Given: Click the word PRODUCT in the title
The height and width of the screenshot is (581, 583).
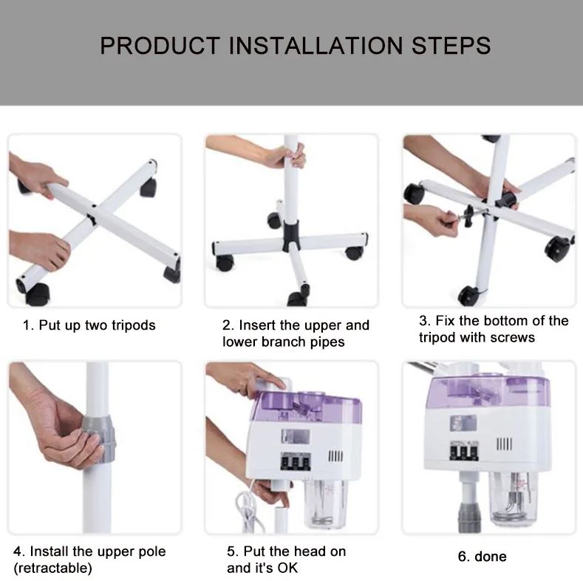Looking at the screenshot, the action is tap(160, 46).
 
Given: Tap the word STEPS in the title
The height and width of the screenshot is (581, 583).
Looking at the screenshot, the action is tap(451, 46).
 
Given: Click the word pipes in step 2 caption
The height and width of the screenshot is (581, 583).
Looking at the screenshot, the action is tap(327, 342).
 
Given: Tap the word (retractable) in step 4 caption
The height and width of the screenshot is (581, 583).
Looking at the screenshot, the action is tap(52, 568).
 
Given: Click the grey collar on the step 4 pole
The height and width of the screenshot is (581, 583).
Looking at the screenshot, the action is tap(98, 439).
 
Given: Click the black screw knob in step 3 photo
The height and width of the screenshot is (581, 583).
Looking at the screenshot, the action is tap(469, 216).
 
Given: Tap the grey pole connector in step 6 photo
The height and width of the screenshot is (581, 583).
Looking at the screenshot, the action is tap(470, 517).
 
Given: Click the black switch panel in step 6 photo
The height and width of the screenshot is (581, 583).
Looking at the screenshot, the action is tap(464, 451).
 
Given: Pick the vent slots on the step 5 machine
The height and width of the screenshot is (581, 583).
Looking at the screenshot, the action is tap(335, 456).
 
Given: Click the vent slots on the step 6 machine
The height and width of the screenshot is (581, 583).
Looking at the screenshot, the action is tap(505, 444).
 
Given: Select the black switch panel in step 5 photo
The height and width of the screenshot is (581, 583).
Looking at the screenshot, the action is tap(296, 461).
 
